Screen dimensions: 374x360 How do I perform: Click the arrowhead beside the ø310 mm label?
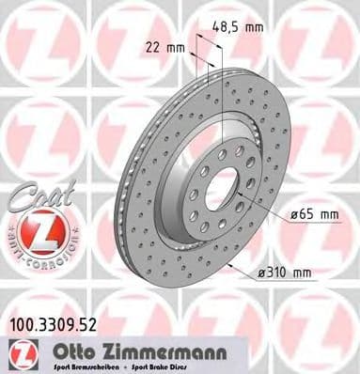coord(247,270)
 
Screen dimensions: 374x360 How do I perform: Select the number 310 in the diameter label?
coord(278,273)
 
